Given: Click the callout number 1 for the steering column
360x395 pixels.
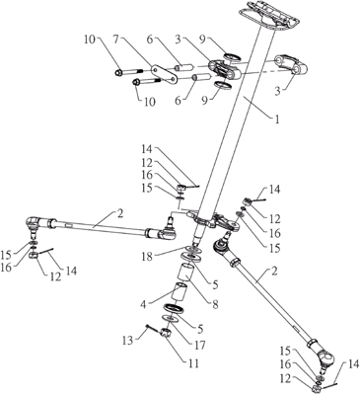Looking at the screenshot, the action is (276, 119).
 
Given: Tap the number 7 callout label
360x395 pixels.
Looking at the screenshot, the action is (115, 39).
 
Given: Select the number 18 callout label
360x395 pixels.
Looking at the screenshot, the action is (147, 257).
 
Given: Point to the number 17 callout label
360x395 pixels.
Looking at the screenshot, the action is (199, 345).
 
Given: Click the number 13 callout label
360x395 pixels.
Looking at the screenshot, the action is (127, 340).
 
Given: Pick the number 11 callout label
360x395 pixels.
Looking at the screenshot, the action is (193, 363).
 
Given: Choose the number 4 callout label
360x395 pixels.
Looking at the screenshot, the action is (143, 304).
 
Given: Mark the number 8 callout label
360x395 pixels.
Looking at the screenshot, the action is (215, 304).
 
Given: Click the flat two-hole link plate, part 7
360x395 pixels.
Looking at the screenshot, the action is (165, 75).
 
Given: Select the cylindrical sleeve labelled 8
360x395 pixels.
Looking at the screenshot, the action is (185, 273).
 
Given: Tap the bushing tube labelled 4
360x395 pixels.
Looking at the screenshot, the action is (180, 291).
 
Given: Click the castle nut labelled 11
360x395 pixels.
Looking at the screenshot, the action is (165, 333).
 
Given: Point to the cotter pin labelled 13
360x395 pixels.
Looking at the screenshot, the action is (152, 328).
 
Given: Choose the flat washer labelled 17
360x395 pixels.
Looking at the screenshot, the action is (170, 319).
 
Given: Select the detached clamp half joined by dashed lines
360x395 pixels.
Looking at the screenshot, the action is (291, 65).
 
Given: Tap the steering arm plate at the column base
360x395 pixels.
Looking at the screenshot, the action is (214, 221).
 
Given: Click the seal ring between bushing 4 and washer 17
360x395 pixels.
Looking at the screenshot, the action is (174, 308).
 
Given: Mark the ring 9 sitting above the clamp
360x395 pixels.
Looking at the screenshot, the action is (233, 56).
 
